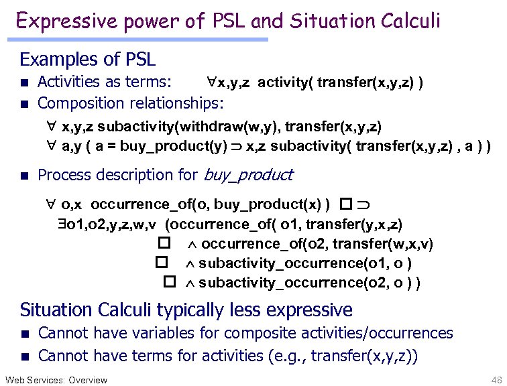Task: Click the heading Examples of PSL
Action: (x=88, y=60)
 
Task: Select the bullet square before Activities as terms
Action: (x=24, y=83)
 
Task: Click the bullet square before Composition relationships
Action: (x=24, y=104)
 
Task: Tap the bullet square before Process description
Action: (x=24, y=176)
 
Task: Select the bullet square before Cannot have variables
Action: (x=24, y=334)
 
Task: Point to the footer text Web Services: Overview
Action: (x=56, y=380)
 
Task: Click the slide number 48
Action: (x=496, y=380)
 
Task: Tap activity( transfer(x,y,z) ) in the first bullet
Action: (x=339, y=83)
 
